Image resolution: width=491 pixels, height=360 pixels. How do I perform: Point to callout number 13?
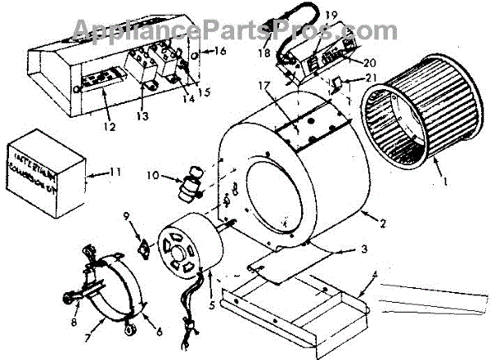point(143,117)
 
